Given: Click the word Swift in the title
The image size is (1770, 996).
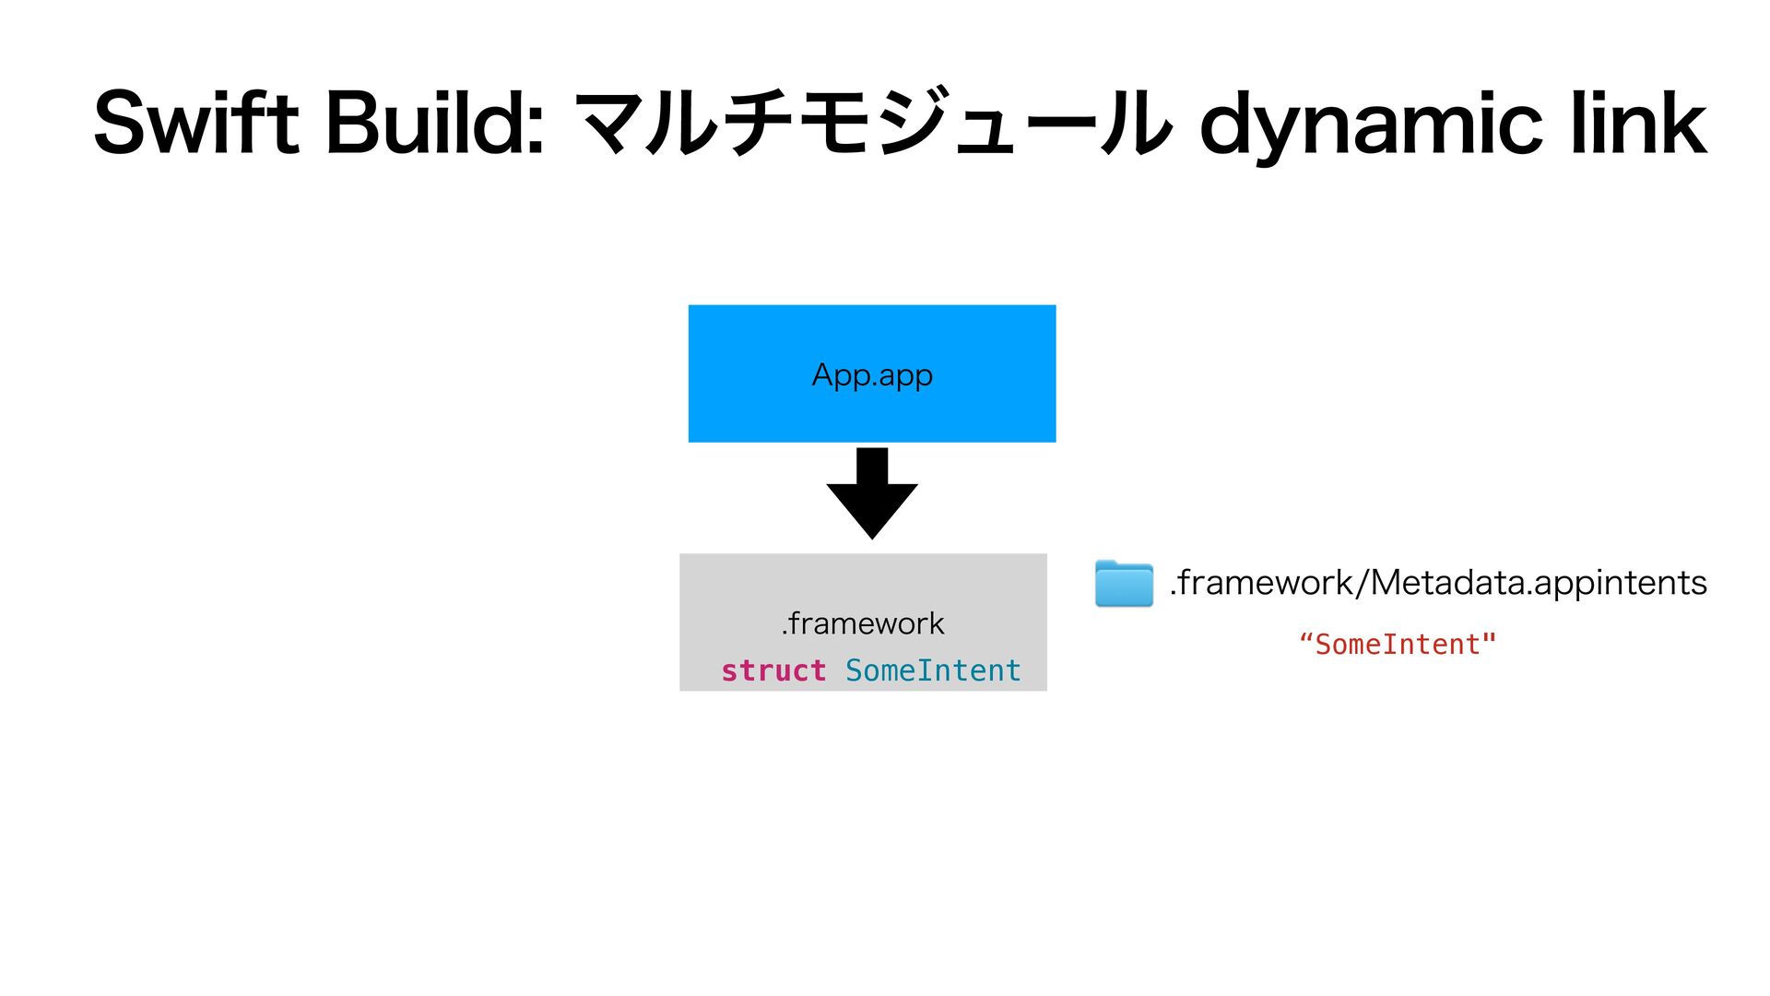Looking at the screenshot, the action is point(196,122).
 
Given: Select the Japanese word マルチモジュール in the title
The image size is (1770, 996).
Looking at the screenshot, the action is point(873,122).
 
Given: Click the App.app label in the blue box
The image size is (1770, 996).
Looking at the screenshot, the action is point(872,376).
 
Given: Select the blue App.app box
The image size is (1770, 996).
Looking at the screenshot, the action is point(872,373).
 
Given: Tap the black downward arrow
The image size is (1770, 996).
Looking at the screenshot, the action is point(872,493).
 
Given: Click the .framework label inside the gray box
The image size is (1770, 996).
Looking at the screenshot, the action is point(863,623).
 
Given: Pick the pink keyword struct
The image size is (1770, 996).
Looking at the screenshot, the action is point(773,670).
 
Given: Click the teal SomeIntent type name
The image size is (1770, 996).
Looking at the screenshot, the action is point(933,670).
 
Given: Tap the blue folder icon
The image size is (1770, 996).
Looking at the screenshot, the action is point(1124,583).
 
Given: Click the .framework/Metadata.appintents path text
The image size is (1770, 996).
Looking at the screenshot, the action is point(1438,583).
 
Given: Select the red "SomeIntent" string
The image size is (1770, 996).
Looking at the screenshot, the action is point(1398,645).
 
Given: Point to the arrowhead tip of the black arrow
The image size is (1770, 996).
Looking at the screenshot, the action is point(872,539).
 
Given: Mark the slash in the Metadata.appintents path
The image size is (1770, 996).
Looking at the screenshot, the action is point(1361,583).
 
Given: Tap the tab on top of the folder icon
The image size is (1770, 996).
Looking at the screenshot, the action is point(1110,563).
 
